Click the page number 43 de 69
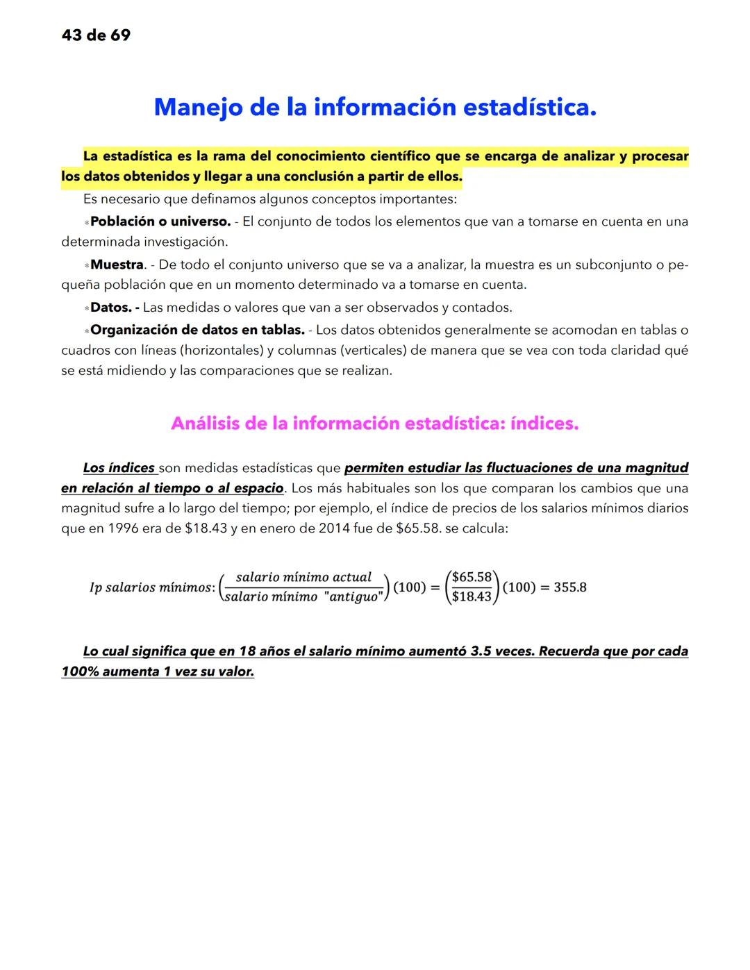point(96,35)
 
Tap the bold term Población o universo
point(160,221)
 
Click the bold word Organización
point(134,330)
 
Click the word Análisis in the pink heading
point(207,424)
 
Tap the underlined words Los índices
point(119,468)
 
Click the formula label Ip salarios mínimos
point(150,587)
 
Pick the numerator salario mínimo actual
point(303,577)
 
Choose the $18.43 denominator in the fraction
point(471,596)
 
